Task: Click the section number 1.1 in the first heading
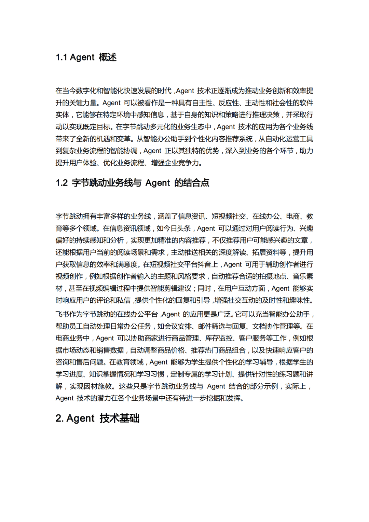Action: point(61,57)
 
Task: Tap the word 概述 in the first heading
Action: point(108,57)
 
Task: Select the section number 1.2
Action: point(62,183)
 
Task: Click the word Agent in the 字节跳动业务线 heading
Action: point(158,183)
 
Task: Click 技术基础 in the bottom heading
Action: point(120,418)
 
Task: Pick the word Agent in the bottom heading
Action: point(80,418)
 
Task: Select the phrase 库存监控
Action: point(219,338)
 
